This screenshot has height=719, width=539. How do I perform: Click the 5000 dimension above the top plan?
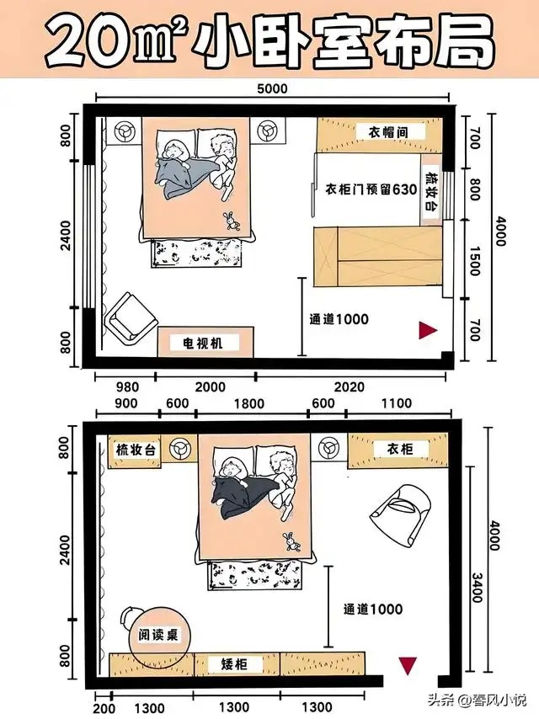272,88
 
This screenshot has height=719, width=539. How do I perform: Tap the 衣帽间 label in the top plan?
388,132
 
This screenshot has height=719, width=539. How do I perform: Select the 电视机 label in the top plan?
203,343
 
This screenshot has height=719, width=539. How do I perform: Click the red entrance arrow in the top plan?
428,330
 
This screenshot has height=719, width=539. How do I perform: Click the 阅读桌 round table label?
158,635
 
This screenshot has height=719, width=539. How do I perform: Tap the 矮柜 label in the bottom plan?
235,664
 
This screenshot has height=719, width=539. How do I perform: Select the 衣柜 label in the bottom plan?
400,449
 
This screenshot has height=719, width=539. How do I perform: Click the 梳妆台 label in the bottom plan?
136,450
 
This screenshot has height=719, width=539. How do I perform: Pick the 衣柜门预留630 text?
371,189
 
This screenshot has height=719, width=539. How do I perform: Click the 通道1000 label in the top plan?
339,319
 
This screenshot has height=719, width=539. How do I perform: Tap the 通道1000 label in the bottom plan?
373,609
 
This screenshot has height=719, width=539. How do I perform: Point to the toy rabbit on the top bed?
232,221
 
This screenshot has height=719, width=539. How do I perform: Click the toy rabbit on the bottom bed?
291,541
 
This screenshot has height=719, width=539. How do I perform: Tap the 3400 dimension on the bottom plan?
477,588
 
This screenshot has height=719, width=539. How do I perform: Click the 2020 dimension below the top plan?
350,387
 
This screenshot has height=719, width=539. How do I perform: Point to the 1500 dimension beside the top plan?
475,261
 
